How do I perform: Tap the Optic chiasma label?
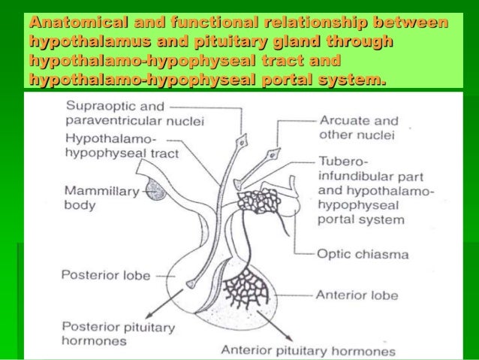tap(363, 255)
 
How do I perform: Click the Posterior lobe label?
tap(99, 275)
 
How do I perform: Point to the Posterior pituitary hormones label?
tap(118, 333)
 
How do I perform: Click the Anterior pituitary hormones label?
tap(308, 350)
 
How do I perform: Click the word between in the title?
tap(409, 24)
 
